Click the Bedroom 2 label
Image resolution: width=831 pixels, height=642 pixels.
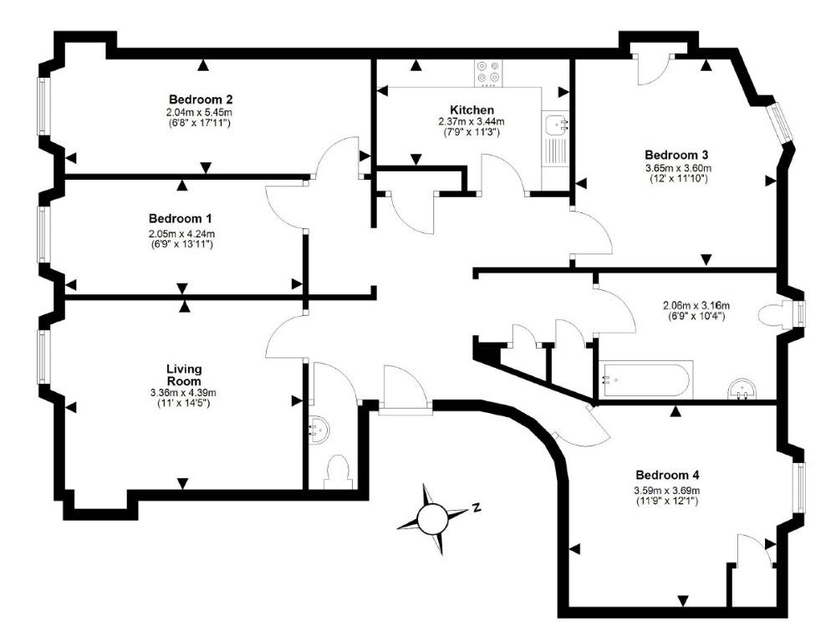click(201, 99)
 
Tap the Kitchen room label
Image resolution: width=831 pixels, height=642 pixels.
click(472, 110)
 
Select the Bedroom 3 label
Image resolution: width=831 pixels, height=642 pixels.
click(677, 155)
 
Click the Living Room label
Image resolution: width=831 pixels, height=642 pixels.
click(184, 374)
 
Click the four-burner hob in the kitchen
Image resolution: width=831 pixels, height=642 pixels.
click(488, 74)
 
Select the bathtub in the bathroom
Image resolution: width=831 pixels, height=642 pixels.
click(645, 380)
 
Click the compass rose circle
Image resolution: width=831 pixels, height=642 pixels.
click(432, 518)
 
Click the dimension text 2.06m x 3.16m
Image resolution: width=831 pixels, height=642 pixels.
click(696, 305)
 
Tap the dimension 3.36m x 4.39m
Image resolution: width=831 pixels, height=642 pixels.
click(183, 393)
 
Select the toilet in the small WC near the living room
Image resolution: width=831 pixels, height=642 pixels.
click(338, 471)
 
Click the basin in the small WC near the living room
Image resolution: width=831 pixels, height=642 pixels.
click(319, 429)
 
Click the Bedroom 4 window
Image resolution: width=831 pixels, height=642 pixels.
click(799, 487)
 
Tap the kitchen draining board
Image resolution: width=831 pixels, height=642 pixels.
click(555, 150)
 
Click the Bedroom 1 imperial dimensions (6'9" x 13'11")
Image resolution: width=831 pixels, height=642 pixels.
click(181, 244)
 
